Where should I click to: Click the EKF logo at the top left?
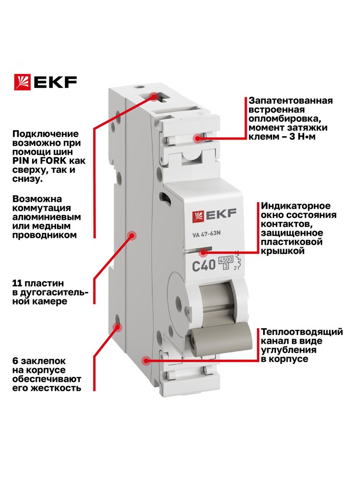(x=45, y=82)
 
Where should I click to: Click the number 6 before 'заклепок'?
(x=15, y=361)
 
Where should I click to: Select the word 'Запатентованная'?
(x=290, y=101)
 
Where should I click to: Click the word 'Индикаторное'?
(x=296, y=206)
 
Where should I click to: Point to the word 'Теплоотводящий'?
(x=302, y=332)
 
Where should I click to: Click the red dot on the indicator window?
(x=203, y=253)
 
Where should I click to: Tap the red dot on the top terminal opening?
(x=154, y=97)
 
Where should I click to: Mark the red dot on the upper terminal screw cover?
(x=198, y=138)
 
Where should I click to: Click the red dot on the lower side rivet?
(x=117, y=327)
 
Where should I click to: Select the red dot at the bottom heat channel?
(x=146, y=360)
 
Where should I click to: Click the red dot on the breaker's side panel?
(x=132, y=235)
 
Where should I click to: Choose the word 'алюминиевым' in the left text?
(x=47, y=217)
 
